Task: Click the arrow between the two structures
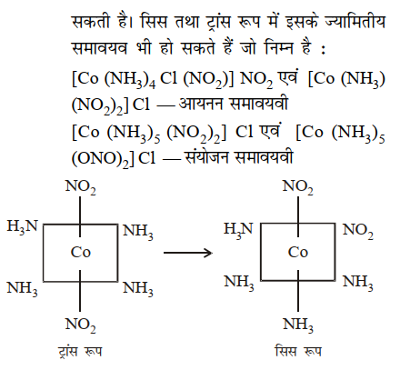pos(188,253)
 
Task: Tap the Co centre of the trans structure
pos(81,252)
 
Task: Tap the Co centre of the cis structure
pos(298,252)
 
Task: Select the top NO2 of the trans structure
pos(81,186)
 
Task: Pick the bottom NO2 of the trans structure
pos(81,325)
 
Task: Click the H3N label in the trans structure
pos(23,226)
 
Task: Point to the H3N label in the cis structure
pos(238,229)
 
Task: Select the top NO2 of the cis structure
pos(297,186)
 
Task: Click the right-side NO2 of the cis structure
pos(358,231)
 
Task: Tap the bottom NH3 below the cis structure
pos(298,325)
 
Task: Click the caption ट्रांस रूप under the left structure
pos(80,352)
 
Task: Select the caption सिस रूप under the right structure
pos(298,352)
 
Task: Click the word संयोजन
pos(206,156)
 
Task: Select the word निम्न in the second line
pos(279,48)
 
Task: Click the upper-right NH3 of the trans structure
pos(138,232)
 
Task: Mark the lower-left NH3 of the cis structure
pos(239,283)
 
